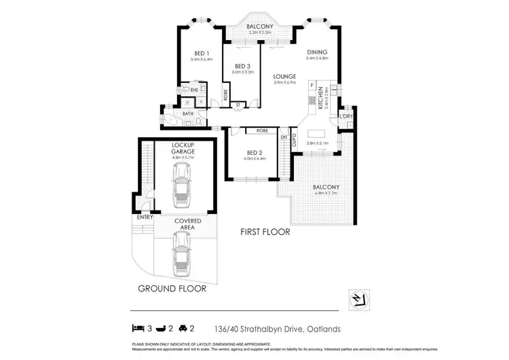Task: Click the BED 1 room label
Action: coord(202,53)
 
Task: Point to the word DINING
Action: coord(318,52)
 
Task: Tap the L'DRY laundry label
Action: coord(346,116)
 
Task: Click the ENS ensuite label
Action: coord(194,90)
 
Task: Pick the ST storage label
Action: coord(238,105)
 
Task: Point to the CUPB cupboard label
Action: coord(294,141)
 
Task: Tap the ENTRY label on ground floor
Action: coord(144,217)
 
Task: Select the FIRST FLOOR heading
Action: coord(265,232)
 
